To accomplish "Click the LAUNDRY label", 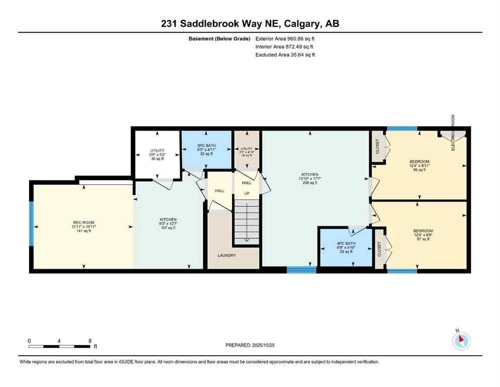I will coord(227,255).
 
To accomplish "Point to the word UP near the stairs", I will coord(247,193).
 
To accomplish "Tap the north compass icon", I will coord(461,341).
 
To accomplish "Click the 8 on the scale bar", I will coord(90,341).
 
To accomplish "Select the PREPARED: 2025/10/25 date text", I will coord(250,345).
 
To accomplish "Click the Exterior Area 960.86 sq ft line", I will coord(285,38).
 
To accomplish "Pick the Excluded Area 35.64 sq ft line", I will coord(285,55).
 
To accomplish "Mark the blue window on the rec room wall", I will coord(31,224).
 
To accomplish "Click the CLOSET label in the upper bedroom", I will coord(378,146).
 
